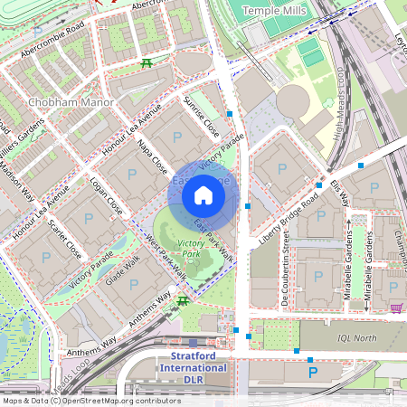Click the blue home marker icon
click(x=203, y=195)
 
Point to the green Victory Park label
click(x=191, y=249)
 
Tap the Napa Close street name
click(x=153, y=156)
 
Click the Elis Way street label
click(x=340, y=191)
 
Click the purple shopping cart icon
click(x=396, y=308)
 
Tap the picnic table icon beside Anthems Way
click(x=183, y=300)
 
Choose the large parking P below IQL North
click(x=313, y=372)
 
